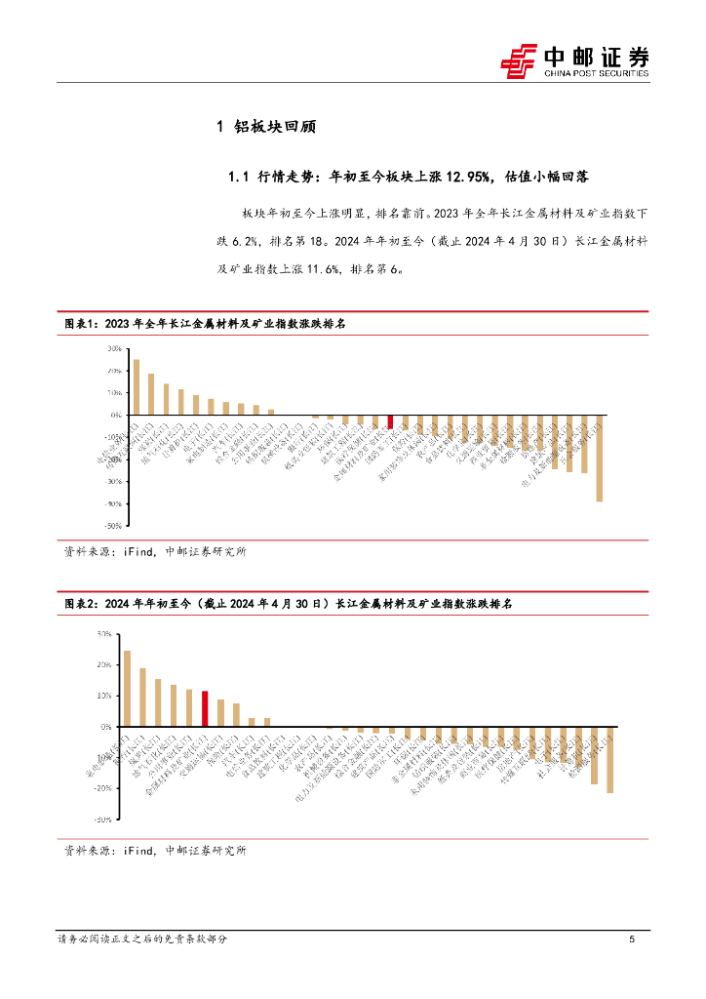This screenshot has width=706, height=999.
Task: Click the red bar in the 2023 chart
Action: click(x=390, y=421)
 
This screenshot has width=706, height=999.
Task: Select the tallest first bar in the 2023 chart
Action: click(x=137, y=387)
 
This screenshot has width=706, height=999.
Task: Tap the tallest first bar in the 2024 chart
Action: click(x=128, y=689)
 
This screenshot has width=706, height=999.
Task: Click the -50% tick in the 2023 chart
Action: click(x=113, y=526)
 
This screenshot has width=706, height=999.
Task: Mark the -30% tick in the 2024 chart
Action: click(x=102, y=820)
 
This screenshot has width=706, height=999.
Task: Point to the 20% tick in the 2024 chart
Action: click(x=104, y=665)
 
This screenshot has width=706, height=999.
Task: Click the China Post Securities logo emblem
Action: click(x=519, y=60)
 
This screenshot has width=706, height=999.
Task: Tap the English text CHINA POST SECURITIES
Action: click(x=596, y=73)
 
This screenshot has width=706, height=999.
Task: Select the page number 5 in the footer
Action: click(x=632, y=939)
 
